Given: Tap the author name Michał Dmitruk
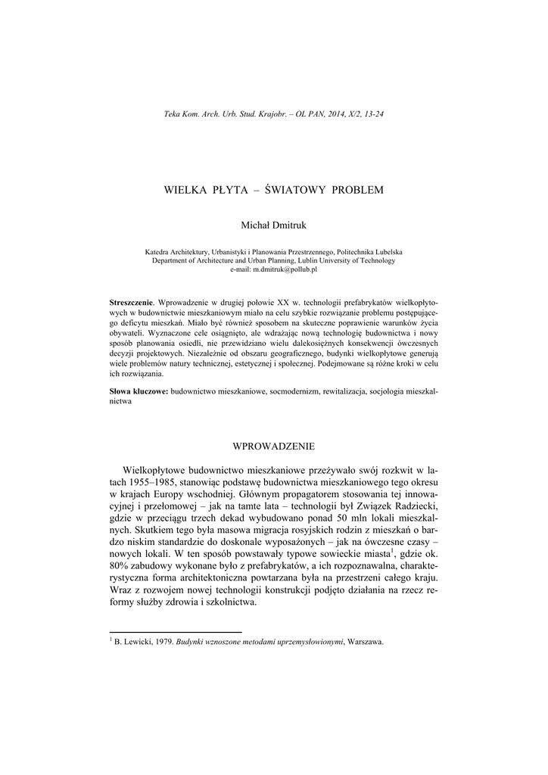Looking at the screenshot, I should click(273, 225).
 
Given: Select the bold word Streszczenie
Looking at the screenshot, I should click(131, 302).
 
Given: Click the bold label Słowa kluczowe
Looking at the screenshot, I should click(139, 391).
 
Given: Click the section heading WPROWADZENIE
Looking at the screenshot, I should click(273, 446).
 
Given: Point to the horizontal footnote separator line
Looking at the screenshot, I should click(176, 631).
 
